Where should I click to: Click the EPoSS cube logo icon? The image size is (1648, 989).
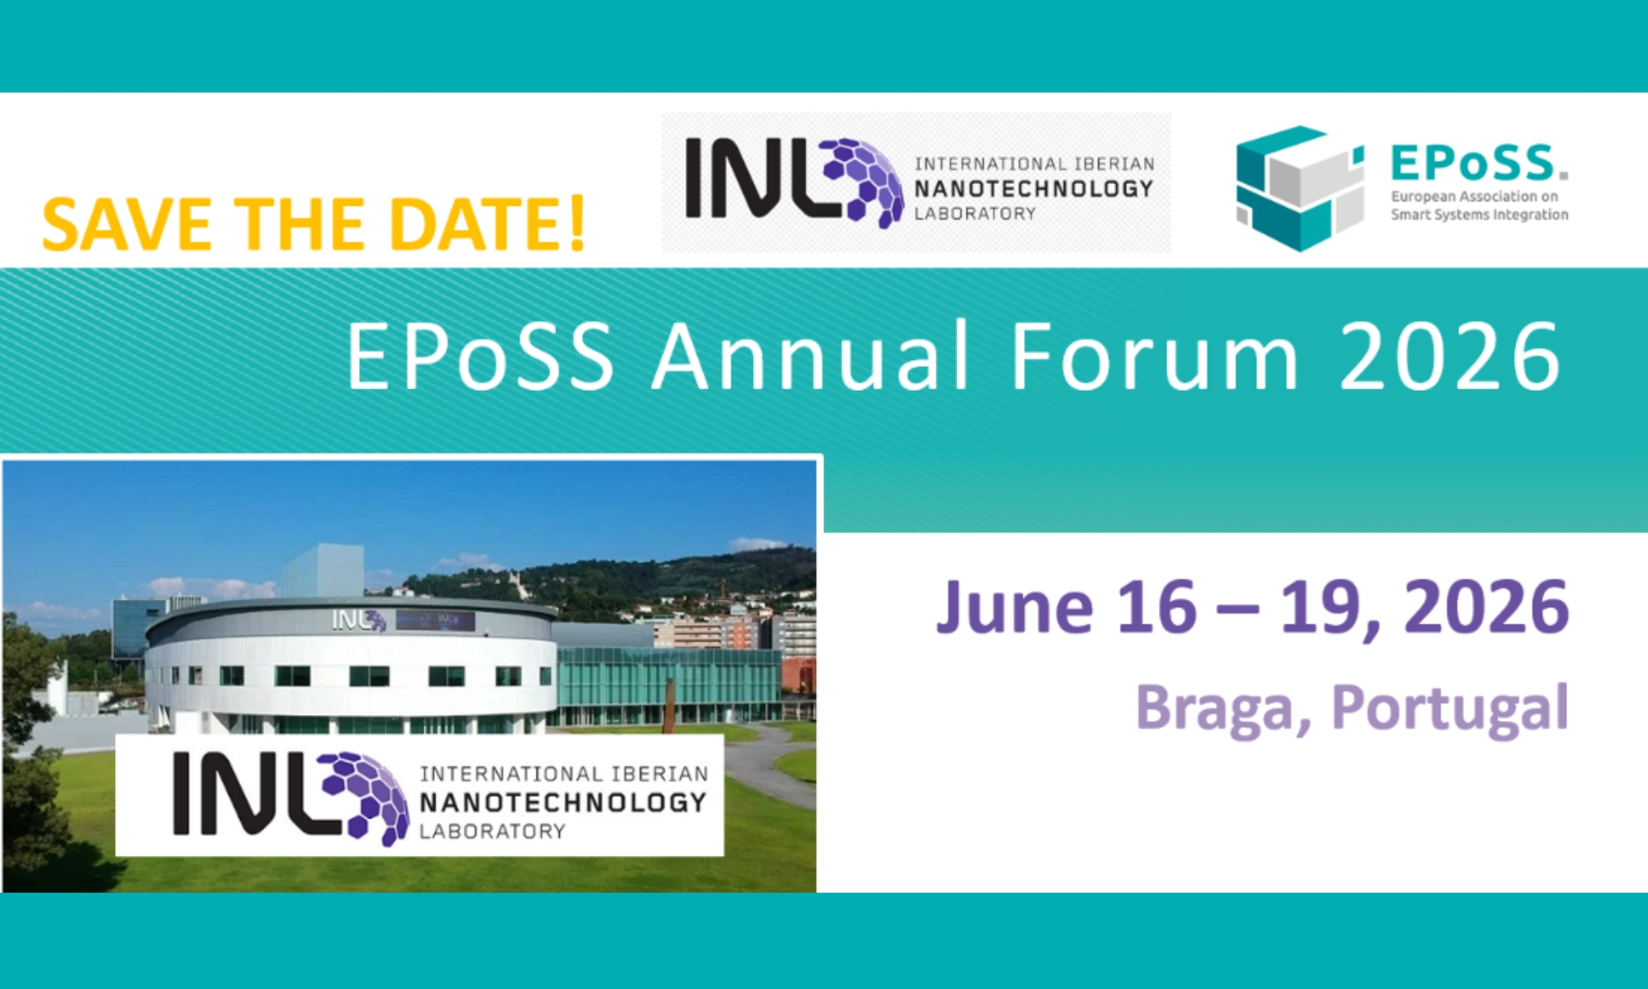click(x=1299, y=188)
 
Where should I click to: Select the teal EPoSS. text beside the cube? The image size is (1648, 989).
click(x=1479, y=163)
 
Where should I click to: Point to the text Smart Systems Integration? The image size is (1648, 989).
click(x=1479, y=215)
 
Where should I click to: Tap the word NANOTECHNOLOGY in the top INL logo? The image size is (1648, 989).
click(x=1033, y=189)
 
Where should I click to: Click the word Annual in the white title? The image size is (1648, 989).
click(x=811, y=357)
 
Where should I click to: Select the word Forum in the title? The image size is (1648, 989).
click(x=1155, y=357)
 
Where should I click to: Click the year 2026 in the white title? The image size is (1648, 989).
click(x=1450, y=357)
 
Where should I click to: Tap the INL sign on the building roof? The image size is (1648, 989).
click(x=359, y=620)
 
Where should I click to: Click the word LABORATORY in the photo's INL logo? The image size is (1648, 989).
click(x=492, y=832)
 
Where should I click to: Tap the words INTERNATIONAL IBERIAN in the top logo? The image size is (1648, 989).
click(x=1034, y=163)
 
